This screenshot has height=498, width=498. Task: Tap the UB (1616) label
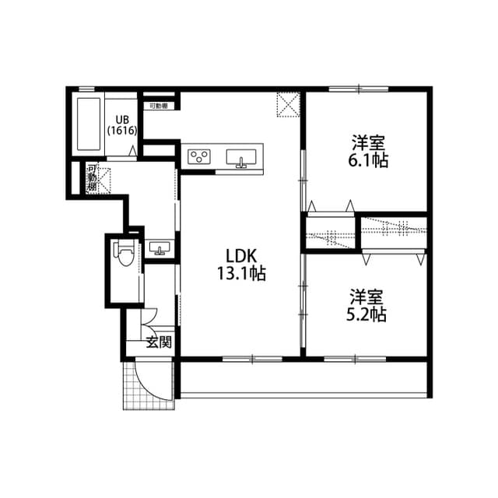pos(122,125)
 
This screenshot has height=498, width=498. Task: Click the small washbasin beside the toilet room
pos(161,249)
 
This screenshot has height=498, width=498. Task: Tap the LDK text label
pos(241,256)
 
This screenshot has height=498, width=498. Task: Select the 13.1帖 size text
pos(241,273)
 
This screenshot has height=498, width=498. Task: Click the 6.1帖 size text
pos(369,160)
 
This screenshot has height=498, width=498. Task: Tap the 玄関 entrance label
pos(159,343)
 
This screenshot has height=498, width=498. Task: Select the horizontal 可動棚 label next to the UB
pos(159,105)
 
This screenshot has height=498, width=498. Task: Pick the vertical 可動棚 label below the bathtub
pos(92,178)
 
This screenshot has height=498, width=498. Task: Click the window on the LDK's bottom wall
pos(252,358)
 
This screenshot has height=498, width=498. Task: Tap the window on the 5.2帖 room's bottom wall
pos(354,358)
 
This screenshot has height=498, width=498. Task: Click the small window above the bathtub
pos(87,89)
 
